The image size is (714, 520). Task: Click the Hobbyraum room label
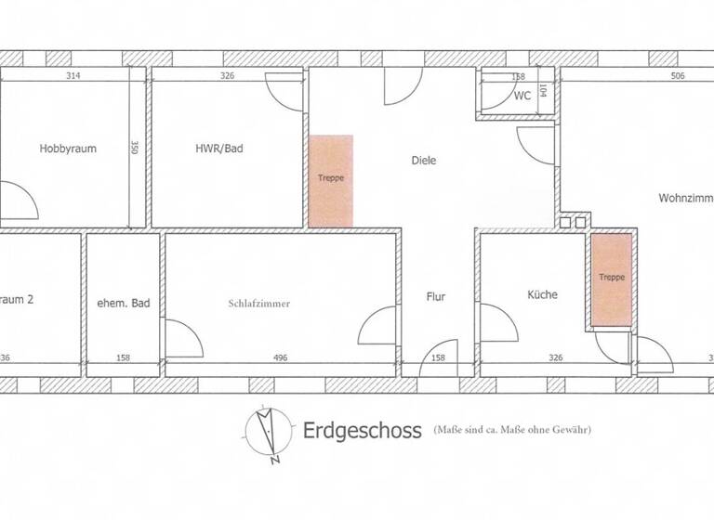click(x=68, y=149)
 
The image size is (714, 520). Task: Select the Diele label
click(x=423, y=161)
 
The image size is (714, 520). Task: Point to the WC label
click(x=522, y=96)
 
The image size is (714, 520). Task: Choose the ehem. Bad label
click(x=124, y=304)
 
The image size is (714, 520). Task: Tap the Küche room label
click(x=542, y=294)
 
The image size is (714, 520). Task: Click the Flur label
click(x=437, y=298)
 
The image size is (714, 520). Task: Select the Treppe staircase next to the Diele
click(x=330, y=180)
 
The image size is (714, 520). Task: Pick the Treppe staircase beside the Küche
click(x=612, y=279)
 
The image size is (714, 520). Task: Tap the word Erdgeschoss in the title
click(x=362, y=431)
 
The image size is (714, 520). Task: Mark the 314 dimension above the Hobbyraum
click(x=74, y=77)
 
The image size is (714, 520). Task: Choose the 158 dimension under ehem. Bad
click(x=124, y=357)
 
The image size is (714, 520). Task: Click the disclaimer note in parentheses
click(x=512, y=430)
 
